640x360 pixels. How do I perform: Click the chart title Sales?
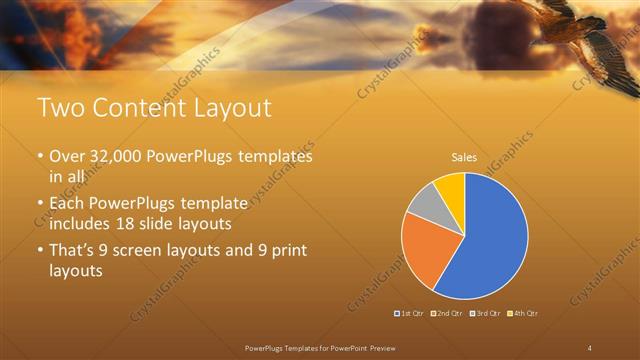pos(464,157)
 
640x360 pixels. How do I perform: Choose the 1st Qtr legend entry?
pos(410,314)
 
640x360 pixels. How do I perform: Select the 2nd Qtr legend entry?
pos(446,314)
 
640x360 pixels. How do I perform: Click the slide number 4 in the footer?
pos(589,347)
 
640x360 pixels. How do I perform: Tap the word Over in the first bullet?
pos(67,157)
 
